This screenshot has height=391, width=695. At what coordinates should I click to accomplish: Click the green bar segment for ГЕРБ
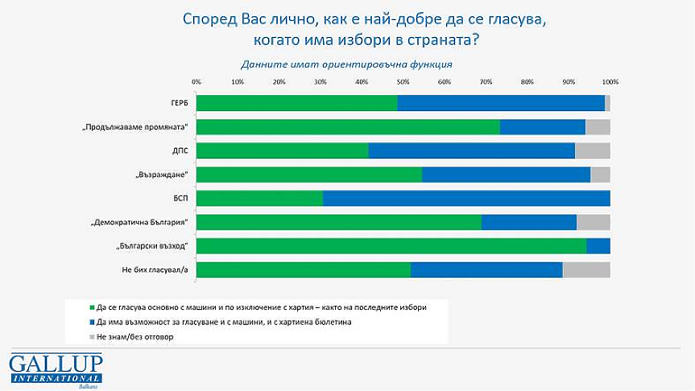pos(296,103)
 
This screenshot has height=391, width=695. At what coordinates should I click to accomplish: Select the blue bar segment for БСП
pos(466,198)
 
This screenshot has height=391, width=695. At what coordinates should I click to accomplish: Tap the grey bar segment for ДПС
pos(592,150)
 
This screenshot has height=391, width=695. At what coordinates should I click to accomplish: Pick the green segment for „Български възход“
pos(391,245)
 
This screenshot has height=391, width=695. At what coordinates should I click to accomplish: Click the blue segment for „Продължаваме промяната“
pos(542,126)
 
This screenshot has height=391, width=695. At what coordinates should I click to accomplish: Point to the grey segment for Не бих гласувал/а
pos(586,270)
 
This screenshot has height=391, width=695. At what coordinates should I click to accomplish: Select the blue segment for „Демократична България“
pos(528,222)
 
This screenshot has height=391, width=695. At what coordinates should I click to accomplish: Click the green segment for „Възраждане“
pos(308,175)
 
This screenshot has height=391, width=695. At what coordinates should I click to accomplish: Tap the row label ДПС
pos(179,150)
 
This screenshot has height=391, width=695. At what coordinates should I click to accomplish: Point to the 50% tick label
pos(403,82)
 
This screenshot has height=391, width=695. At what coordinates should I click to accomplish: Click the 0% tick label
pos(197,82)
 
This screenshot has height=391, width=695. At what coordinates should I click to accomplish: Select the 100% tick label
pos(610,82)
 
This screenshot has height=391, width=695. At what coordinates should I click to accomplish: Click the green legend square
pos(92,307)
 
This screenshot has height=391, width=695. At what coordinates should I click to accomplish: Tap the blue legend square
pos(92,322)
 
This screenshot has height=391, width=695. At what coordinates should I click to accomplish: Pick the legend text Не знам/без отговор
pos(134,337)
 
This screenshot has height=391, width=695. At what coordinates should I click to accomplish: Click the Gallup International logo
pos(56,369)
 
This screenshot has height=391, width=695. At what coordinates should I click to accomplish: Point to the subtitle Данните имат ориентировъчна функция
pos(347,64)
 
